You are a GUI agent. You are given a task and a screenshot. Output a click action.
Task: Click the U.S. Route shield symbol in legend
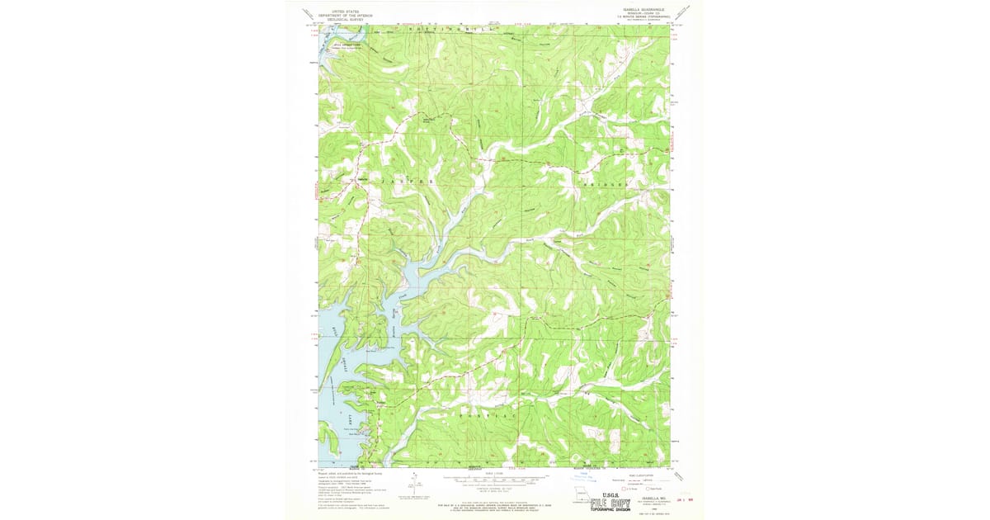(x=625, y=489)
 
